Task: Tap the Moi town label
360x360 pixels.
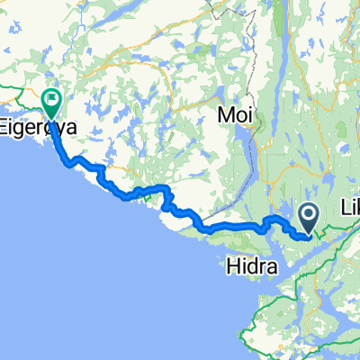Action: (x=235, y=117)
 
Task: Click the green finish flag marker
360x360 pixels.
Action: (x=52, y=103)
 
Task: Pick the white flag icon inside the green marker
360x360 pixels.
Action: (x=52, y=100)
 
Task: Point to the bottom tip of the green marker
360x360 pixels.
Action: (x=52, y=120)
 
